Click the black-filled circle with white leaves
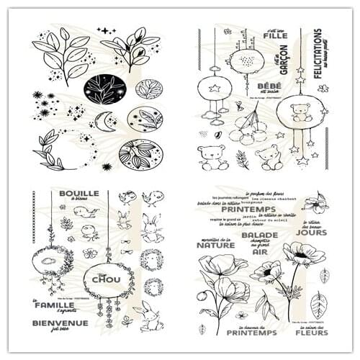pos(104,89)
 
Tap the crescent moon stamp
pos(108,120)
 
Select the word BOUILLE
pos(79,194)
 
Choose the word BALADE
pos(259,234)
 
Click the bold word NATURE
pos(215,245)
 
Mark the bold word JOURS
pos(311,233)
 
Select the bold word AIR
pos(259,253)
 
